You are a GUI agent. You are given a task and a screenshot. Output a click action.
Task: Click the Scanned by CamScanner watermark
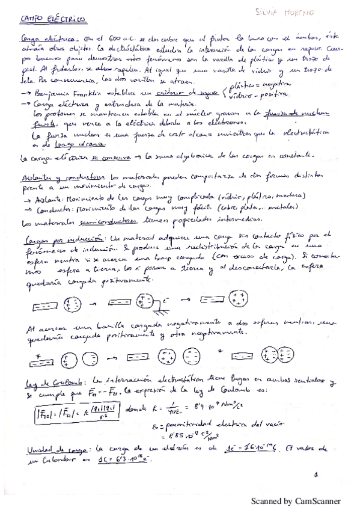pyautogui.click(x=295, y=500)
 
